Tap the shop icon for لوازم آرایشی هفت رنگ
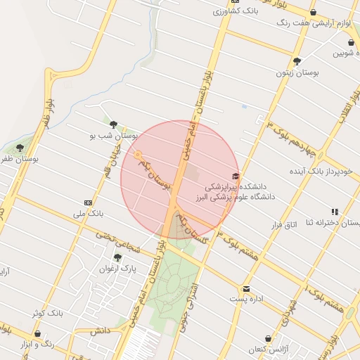tap(313, 12)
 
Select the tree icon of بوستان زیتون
tap(297, 61)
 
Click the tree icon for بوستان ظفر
tap(19, 148)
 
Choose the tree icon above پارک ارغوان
tap(117, 257)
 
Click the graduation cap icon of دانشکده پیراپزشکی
tap(235, 176)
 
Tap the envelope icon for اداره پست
tap(246, 288)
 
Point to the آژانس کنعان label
tap(268, 349)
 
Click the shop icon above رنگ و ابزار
tap(37, 334)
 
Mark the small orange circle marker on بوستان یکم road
tap(139, 154)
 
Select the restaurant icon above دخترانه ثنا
tap(335, 211)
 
